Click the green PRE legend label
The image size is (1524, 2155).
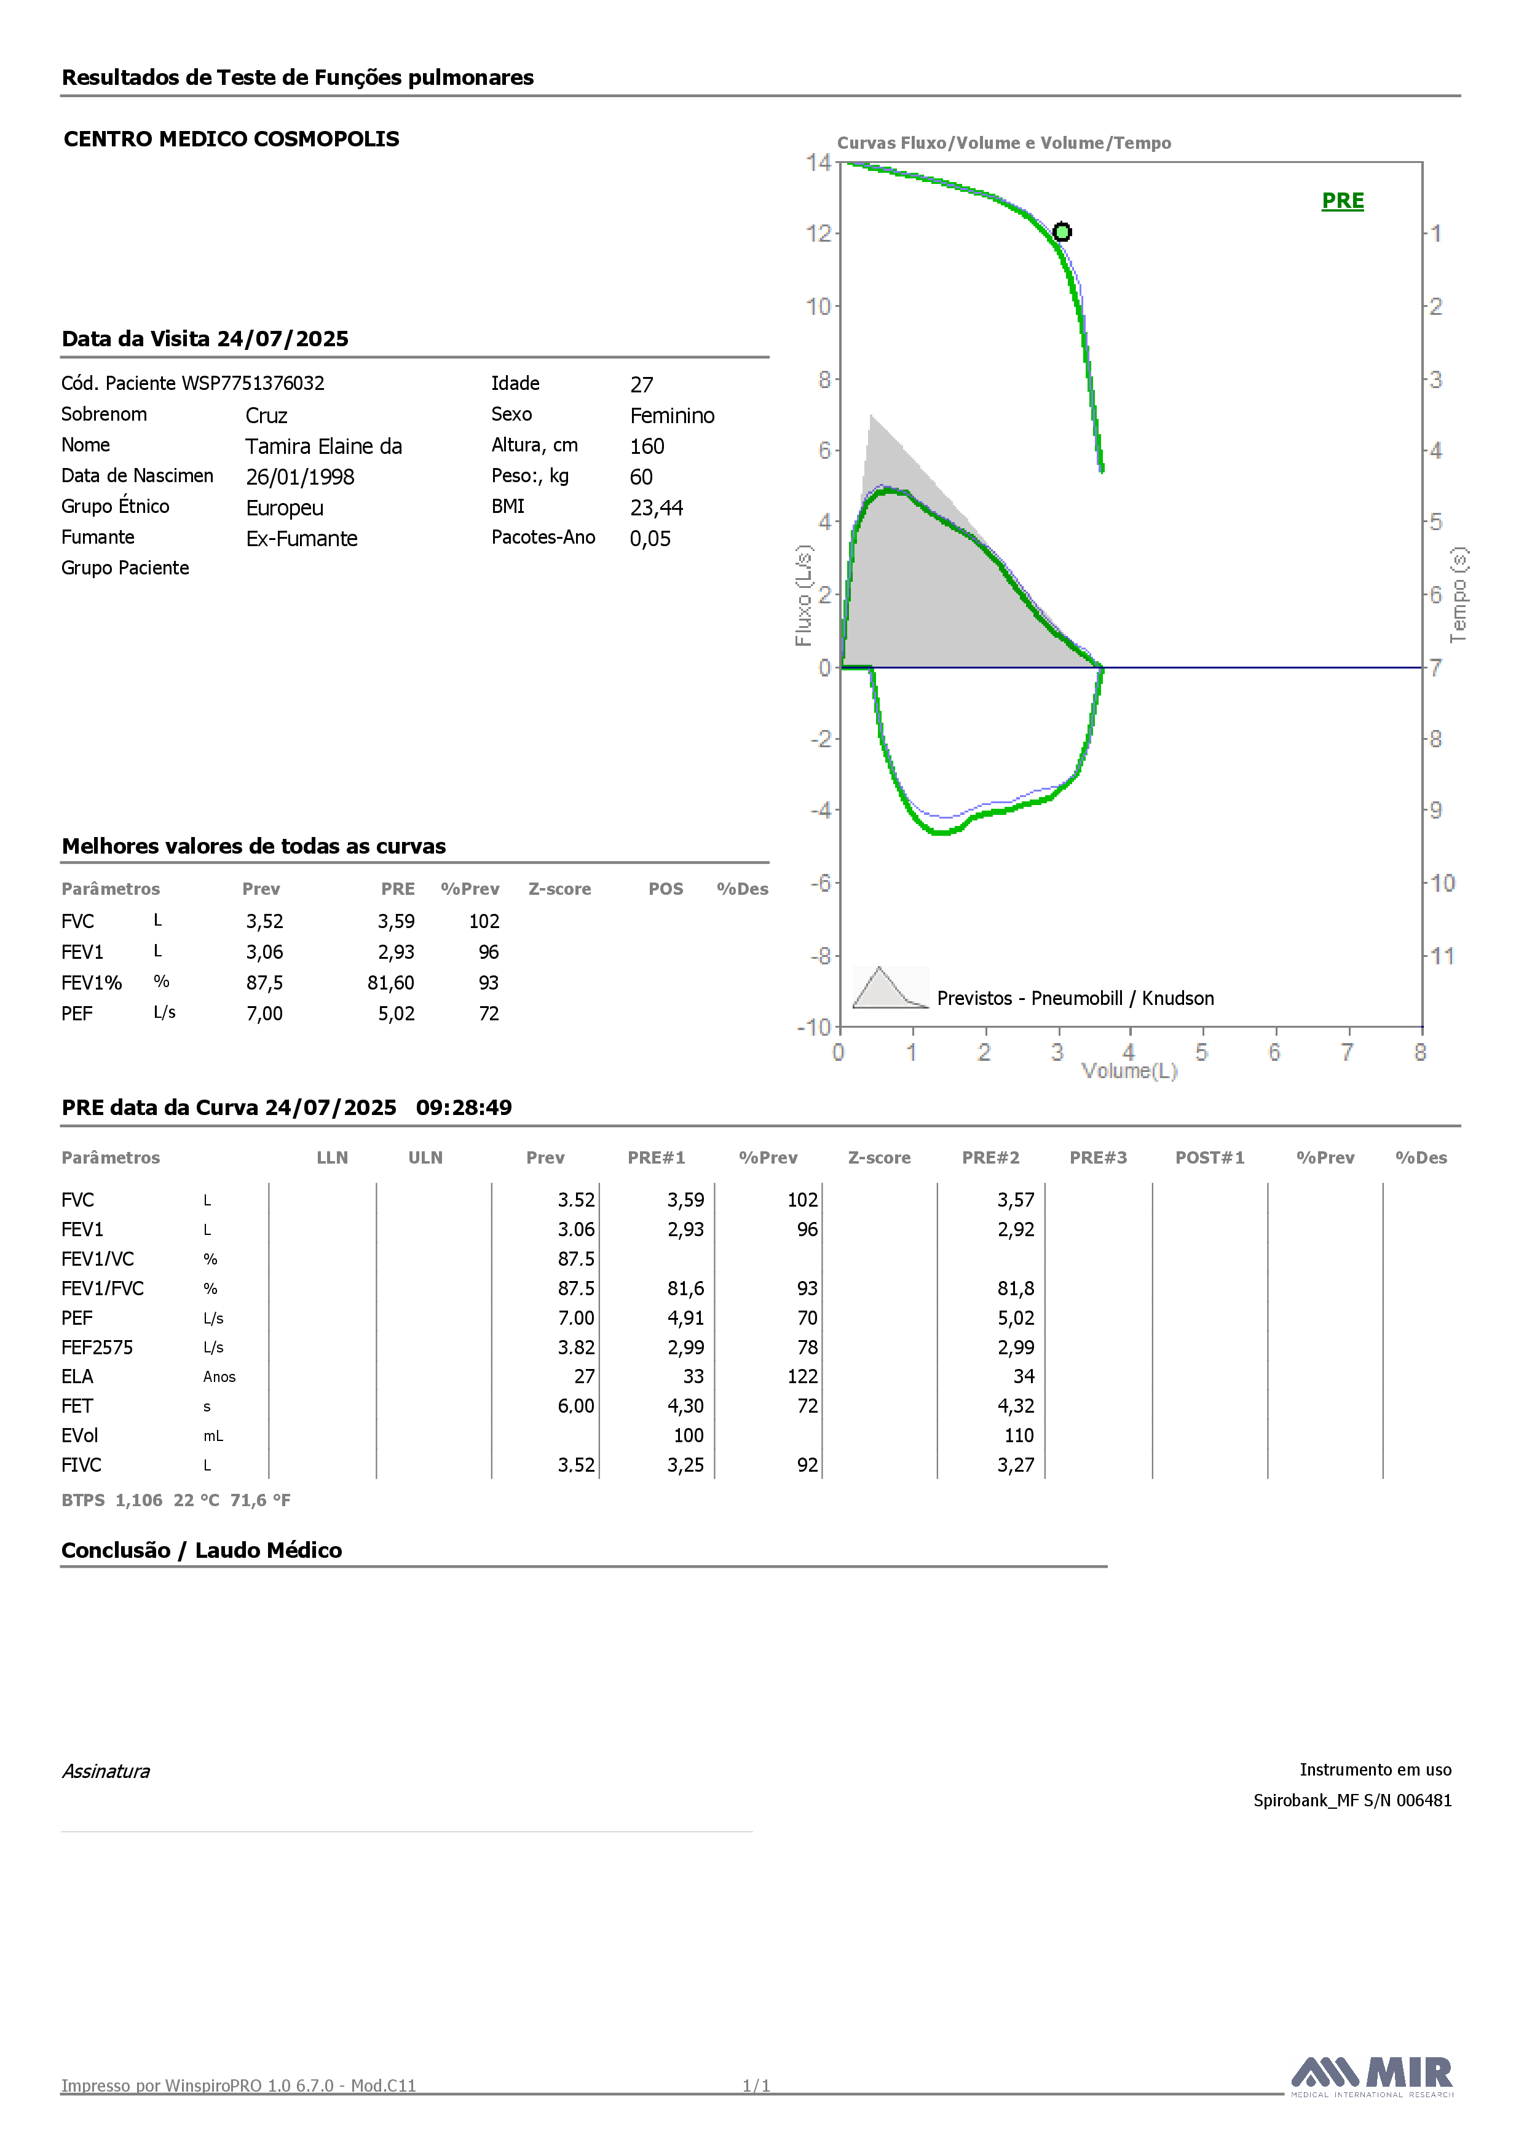(1342, 201)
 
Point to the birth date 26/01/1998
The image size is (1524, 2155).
(300, 477)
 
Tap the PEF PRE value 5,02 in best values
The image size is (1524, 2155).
(396, 1014)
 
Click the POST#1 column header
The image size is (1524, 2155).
(1210, 1158)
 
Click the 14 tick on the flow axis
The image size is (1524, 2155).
(818, 162)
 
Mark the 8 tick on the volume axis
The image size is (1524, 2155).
(1420, 1052)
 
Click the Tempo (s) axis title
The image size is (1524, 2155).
(1458, 595)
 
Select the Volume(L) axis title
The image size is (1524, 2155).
(1129, 1071)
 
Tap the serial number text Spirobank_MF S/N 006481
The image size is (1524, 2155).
(1352, 1800)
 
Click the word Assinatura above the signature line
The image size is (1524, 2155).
(106, 1771)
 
